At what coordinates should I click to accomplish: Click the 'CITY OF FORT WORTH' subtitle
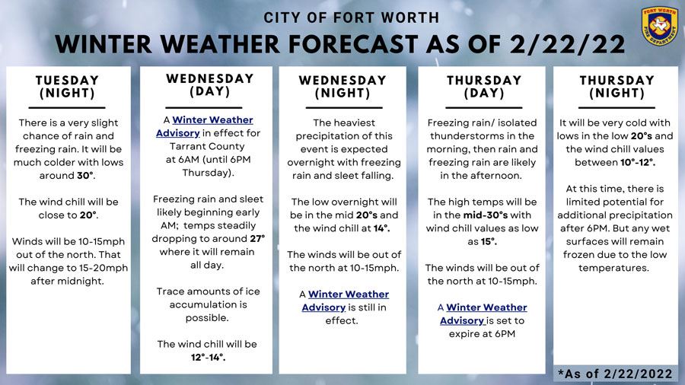351,17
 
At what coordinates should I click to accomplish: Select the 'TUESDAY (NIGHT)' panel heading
68,87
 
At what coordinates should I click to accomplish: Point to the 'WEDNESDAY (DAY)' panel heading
209,84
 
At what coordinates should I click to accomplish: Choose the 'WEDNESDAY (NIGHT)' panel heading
342,87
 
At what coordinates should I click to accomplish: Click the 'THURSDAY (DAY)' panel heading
484,87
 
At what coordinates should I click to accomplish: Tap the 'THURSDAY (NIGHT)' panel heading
616,87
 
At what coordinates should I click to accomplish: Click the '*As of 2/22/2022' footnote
615,374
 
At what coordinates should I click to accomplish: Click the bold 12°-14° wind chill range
209,357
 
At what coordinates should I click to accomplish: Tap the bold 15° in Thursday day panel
488,241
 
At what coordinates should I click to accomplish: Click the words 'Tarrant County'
209,146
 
